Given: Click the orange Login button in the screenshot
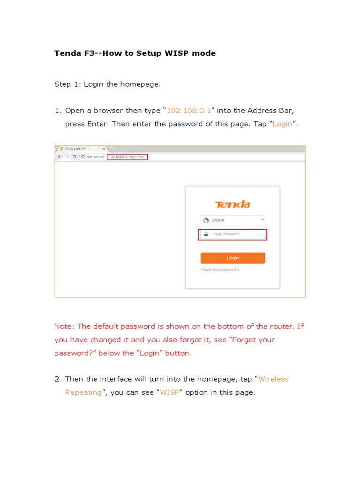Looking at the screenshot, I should pyautogui.click(x=232, y=258).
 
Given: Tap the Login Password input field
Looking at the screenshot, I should pyautogui.click(x=233, y=234).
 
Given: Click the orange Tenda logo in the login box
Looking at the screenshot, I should pyautogui.click(x=232, y=204).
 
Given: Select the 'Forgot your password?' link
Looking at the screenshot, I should pyautogui.click(x=220, y=270).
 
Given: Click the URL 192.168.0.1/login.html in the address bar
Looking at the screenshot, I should pyautogui.click(x=127, y=157).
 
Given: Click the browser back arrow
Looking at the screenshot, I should pyautogui.click(x=59, y=157).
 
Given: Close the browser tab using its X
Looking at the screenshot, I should pyautogui.click(x=104, y=149).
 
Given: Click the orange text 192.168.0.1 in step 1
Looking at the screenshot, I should pyautogui.click(x=189, y=111).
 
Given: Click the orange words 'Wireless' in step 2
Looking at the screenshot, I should pyautogui.click(x=273, y=379).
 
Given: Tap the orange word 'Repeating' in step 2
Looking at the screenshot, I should pyautogui.click(x=83, y=392).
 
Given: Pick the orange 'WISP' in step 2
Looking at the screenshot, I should pyautogui.click(x=170, y=392).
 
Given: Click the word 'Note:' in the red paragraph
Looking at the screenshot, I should pyautogui.click(x=64, y=326).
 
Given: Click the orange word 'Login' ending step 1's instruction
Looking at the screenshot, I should pyautogui.click(x=283, y=124).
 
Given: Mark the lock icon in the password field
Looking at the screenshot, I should pyautogui.click(x=206, y=234).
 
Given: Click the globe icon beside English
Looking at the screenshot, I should pyautogui.click(x=205, y=220).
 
